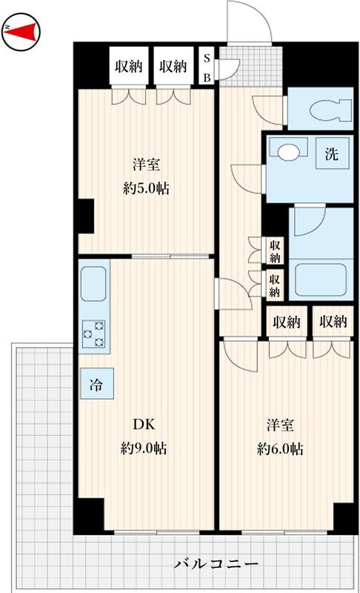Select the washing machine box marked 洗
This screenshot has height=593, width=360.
332,153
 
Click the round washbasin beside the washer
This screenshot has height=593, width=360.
288,151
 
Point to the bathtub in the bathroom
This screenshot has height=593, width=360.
320,280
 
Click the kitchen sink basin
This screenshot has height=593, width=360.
93,284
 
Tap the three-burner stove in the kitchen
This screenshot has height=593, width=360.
93,334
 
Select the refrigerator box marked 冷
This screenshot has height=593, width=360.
96,384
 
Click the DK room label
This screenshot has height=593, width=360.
144,424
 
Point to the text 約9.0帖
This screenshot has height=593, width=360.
144,448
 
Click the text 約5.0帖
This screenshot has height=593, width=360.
146,188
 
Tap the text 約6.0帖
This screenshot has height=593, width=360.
280,449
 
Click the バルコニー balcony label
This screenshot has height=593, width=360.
216,564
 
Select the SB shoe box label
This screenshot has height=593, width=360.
207,68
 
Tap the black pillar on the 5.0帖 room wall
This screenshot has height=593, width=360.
86,216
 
